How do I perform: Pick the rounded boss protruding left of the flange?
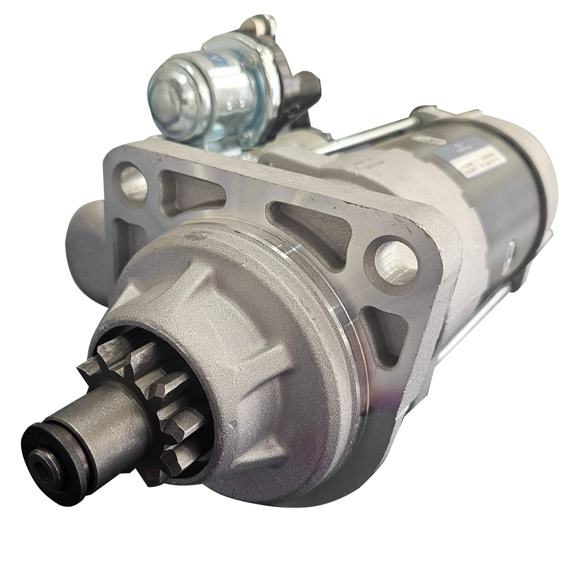click(x=85, y=239)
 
